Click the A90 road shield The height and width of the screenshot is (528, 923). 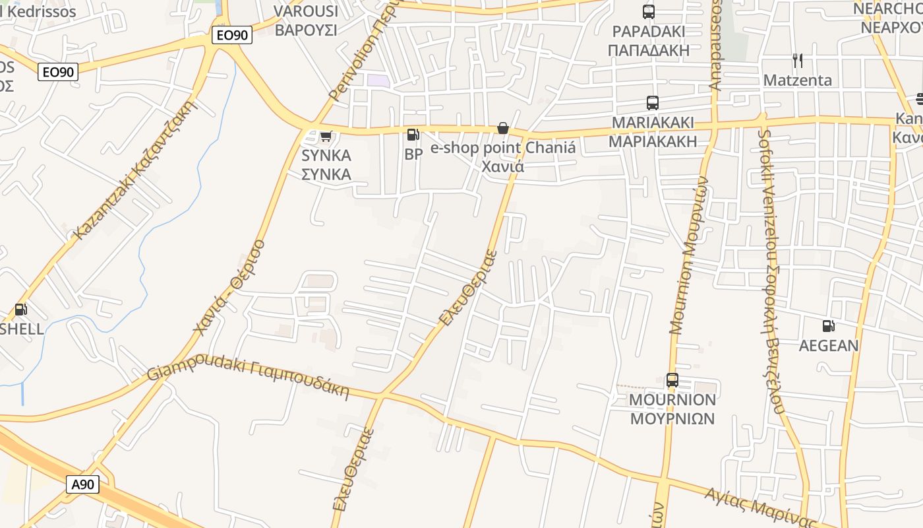coord(82,484)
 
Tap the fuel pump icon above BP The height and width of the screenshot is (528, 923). coord(413,135)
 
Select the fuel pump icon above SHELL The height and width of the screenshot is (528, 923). coord(20,309)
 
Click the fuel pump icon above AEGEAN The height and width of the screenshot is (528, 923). coord(828,325)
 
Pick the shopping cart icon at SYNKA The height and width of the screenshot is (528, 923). coord(325,137)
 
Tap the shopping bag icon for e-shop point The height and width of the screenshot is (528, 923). coord(503,128)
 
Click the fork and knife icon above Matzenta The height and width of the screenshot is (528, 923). coord(798,61)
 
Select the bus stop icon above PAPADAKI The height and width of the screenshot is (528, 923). coord(649,11)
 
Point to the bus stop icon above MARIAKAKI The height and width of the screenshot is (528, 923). coord(653,103)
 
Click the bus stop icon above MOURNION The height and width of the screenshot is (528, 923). coord(672,380)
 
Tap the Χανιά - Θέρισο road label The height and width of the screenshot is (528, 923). coord(229,287)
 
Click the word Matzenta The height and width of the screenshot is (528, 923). coord(798,80)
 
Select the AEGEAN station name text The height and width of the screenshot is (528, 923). coord(829,345)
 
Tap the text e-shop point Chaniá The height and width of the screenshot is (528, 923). coord(503,148)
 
